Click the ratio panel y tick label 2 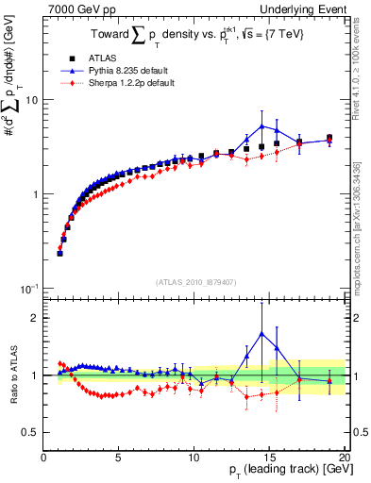coord(35,318)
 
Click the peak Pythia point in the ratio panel coord(261,333)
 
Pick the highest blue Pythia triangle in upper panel coord(261,125)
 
